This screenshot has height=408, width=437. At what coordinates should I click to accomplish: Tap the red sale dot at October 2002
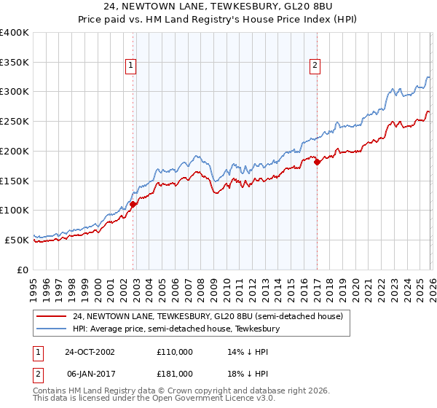[x=133, y=205]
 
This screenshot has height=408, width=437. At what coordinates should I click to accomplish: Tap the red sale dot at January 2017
[x=317, y=162]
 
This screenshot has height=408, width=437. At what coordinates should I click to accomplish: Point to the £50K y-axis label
[x=16, y=240]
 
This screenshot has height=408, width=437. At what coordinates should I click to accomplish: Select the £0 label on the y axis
[x=23, y=270]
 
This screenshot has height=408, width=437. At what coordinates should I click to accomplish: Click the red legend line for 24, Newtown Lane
[x=52, y=317]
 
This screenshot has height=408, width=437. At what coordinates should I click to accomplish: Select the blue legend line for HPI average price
[x=52, y=329]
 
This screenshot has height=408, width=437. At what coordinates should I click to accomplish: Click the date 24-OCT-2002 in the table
[x=89, y=352]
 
